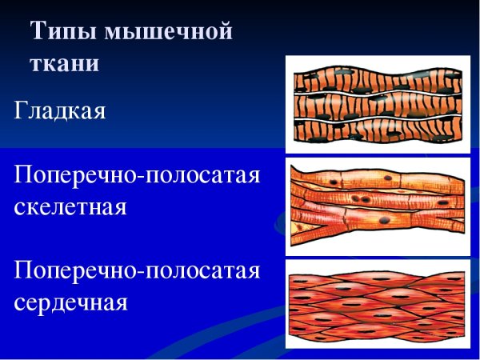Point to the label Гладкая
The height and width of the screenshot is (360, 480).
(59, 110)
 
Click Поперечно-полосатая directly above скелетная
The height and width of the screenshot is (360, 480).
(137, 174)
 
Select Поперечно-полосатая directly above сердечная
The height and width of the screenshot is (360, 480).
(137, 270)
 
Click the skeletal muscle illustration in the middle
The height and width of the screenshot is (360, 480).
(378, 206)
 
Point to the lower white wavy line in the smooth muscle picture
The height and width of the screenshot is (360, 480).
(376, 120)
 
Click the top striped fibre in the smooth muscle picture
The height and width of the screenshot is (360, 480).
(376, 80)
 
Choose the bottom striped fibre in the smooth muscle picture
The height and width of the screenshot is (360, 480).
(376, 133)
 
